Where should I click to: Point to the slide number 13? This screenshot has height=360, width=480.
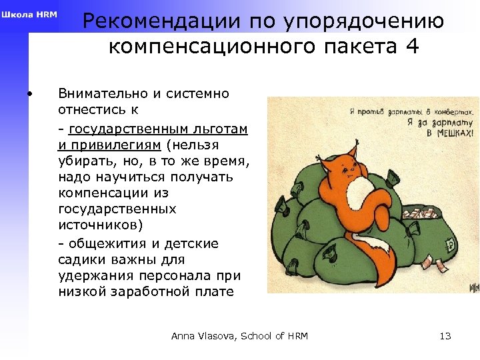[445, 336]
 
